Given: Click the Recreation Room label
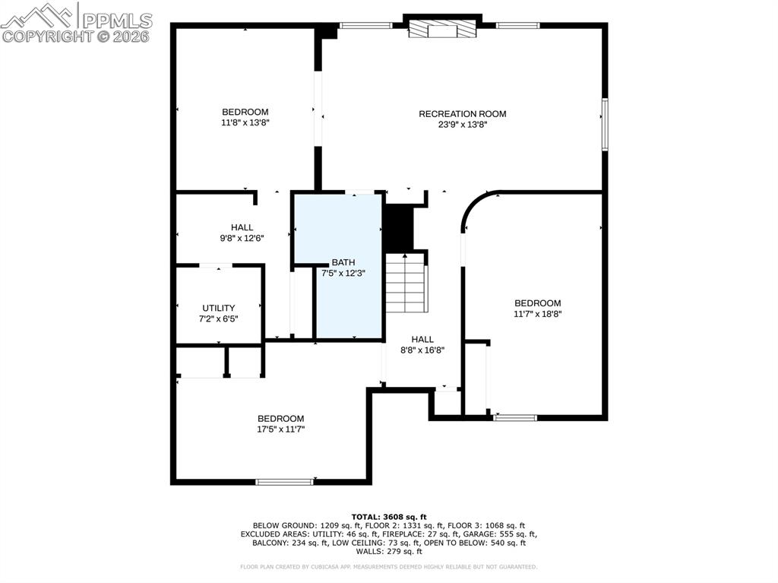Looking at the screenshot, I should pos(462,114).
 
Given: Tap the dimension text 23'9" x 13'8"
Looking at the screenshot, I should pos(462,125).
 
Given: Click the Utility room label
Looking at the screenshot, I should pos(218,308).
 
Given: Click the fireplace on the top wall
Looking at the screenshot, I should pos(441,30).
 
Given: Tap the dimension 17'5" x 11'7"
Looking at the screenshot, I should pos(280,429).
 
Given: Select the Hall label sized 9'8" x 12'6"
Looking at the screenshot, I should pos(242,227).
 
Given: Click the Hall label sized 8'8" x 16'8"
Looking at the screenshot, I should pos(422,340).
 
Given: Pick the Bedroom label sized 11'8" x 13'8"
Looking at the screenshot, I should pos(245,112).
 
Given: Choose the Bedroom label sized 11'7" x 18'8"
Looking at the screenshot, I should pos(537,303).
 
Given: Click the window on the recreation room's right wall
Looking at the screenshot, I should pos(605,123).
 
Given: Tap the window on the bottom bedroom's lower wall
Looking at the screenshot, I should pos(284,481).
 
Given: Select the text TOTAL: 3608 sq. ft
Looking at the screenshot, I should pos(388,517).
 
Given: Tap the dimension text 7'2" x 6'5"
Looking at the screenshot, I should pos(218,318).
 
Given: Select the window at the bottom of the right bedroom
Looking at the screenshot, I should pos(514,417).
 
